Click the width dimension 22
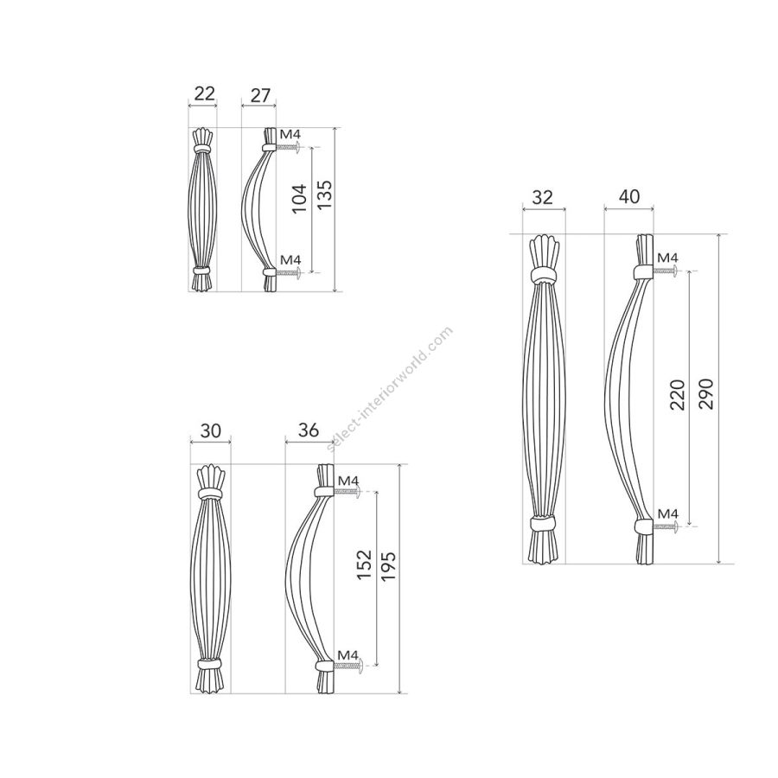coord(204,93)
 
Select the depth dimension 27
coord(260,95)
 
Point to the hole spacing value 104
coord(299,199)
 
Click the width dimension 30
coord(210,430)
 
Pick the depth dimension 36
coord(308,430)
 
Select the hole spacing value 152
coord(364,564)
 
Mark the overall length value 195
coord(388,566)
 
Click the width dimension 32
coord(542,197)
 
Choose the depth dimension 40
coord(629,196)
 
